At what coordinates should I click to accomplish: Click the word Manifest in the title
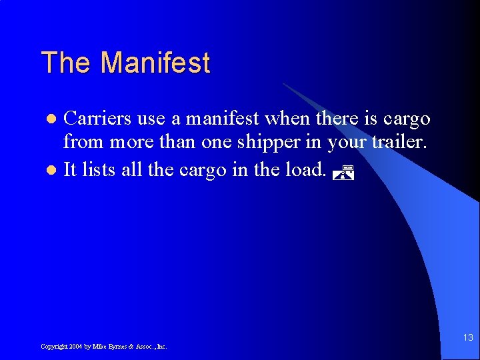click(x=155, y=63)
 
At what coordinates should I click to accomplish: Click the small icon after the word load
click(x=341, y=174)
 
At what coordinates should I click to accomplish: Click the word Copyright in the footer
click(x=53, y=347)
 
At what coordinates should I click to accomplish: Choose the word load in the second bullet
click(x=303, y=170)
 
